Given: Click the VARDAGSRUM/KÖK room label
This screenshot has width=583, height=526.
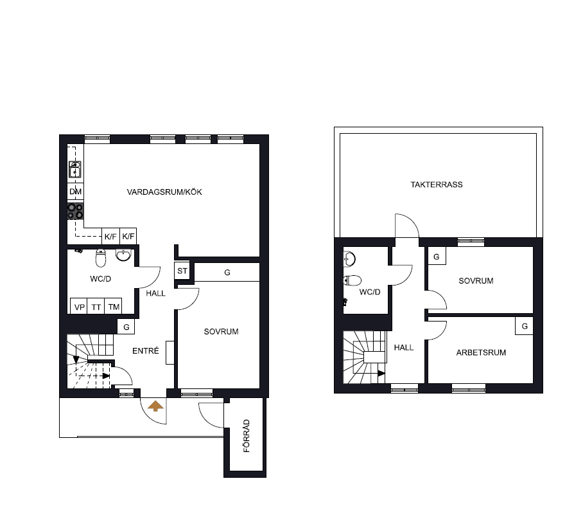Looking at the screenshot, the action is click(164, 192).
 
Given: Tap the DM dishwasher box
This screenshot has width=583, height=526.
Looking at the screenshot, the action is click(76, 192).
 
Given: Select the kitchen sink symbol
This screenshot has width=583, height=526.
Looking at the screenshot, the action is click(75, 169).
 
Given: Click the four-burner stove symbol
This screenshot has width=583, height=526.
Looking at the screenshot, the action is click(76, 211).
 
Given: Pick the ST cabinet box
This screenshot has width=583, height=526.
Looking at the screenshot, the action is click(182, 271).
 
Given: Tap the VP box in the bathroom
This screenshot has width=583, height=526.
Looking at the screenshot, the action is click(79, 306).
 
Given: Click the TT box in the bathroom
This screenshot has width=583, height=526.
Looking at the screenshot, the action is click(96, 306).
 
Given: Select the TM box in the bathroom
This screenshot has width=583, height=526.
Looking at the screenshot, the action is click(114, 306).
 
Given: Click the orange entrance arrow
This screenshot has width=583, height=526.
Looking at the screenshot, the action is click(155, 406).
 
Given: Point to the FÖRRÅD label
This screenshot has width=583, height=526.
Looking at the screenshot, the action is click(247, 436).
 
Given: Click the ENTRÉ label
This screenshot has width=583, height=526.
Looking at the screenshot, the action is click(146, 350).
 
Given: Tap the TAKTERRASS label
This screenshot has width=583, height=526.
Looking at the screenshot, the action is click(437, 185).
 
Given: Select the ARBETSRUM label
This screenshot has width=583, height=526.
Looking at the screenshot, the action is click(481, 352).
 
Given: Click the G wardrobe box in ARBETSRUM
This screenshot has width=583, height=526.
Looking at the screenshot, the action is click(525, 326).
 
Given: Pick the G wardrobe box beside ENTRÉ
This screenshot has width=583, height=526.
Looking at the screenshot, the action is click(126, 327).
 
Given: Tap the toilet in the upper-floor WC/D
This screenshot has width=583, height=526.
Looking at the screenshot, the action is click(352, 280).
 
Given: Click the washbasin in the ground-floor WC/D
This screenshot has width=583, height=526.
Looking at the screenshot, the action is click(123, 255).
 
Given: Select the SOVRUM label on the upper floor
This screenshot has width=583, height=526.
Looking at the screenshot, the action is click(476, 281).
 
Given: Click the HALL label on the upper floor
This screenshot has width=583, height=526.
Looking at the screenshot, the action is click(404, 348).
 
